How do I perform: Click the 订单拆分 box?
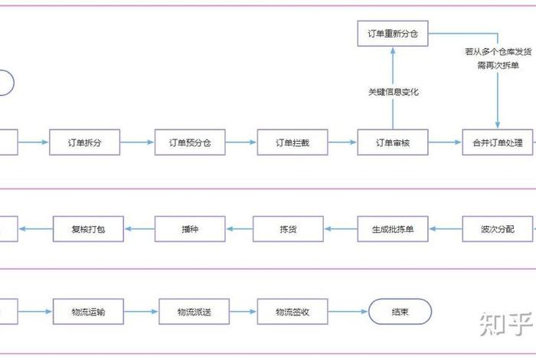[x=84, y=142]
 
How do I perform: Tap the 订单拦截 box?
[x=292, y=142]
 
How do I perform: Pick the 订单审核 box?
[x=393, y=142]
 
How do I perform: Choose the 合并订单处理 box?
[x=498, y=142]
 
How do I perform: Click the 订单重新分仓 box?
[x=393, y=34]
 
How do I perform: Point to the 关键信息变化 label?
[x=393, y=92]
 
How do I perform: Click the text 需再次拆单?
[x=498, y=65]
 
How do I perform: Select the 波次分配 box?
[x=498, y=228]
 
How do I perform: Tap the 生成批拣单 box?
[x=393, y=228]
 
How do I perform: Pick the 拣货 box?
[x=289, y=228]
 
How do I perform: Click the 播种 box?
[x=190, y=228]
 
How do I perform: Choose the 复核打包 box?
[x=87, y=228]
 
